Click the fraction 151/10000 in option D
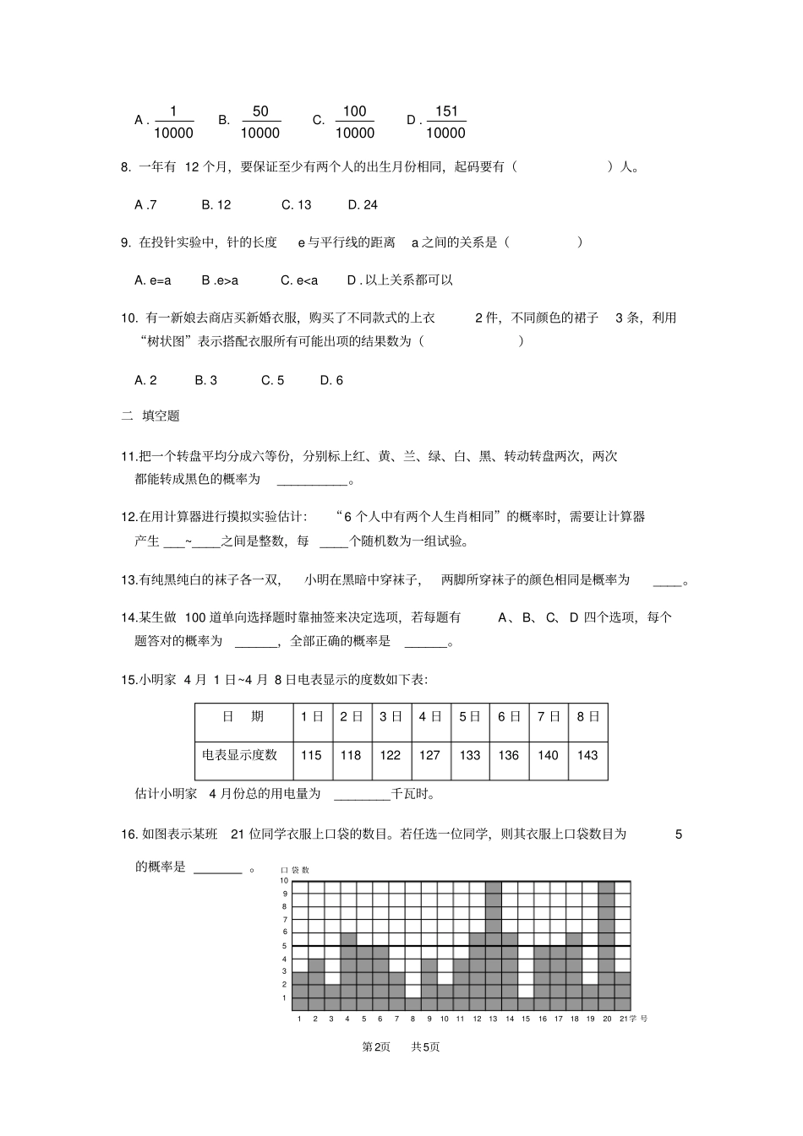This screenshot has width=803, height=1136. pyautogui.click(x=445, y=122)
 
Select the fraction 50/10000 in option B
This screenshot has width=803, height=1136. pyautogui.click(x=259, y=122)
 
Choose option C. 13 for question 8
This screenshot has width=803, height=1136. pyautogui.click(x=296, y=204)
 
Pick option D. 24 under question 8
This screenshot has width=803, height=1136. pyautogui.click(x=363, y=204)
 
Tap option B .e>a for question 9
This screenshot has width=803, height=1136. pyautogui.click(x=220, y=280)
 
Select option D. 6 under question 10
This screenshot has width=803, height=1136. pyautogui.click(x=331, y=380)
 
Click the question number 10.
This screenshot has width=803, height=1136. pyautogui.click(x=128, y=318)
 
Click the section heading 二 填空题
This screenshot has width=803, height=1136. pyautogui.click(x=150, y=416)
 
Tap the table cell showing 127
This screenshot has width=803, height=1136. pyautogui.click(x=429, y=755)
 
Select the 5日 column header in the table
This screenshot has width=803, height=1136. pyautogui.click(x=469, y=716)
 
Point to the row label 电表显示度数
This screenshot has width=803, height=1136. pyautogui.click(x=240, y=755)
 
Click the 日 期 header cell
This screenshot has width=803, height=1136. pyautogui.click(x=243, y=716)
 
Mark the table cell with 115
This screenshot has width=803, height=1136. pyautogui.click(x=311, y=755)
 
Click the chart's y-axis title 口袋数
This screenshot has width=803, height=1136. pyautogui.click(x=295, y=870)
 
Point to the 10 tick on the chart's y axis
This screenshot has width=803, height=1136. pyautogui.click(x=285, y=881)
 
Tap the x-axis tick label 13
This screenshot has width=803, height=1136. pyautogui.click(x=493, y=1019)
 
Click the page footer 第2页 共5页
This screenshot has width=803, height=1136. pyautogui.click(x=401, y=1046)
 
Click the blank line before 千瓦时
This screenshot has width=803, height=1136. pyautogui.click(x=362, y=794)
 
